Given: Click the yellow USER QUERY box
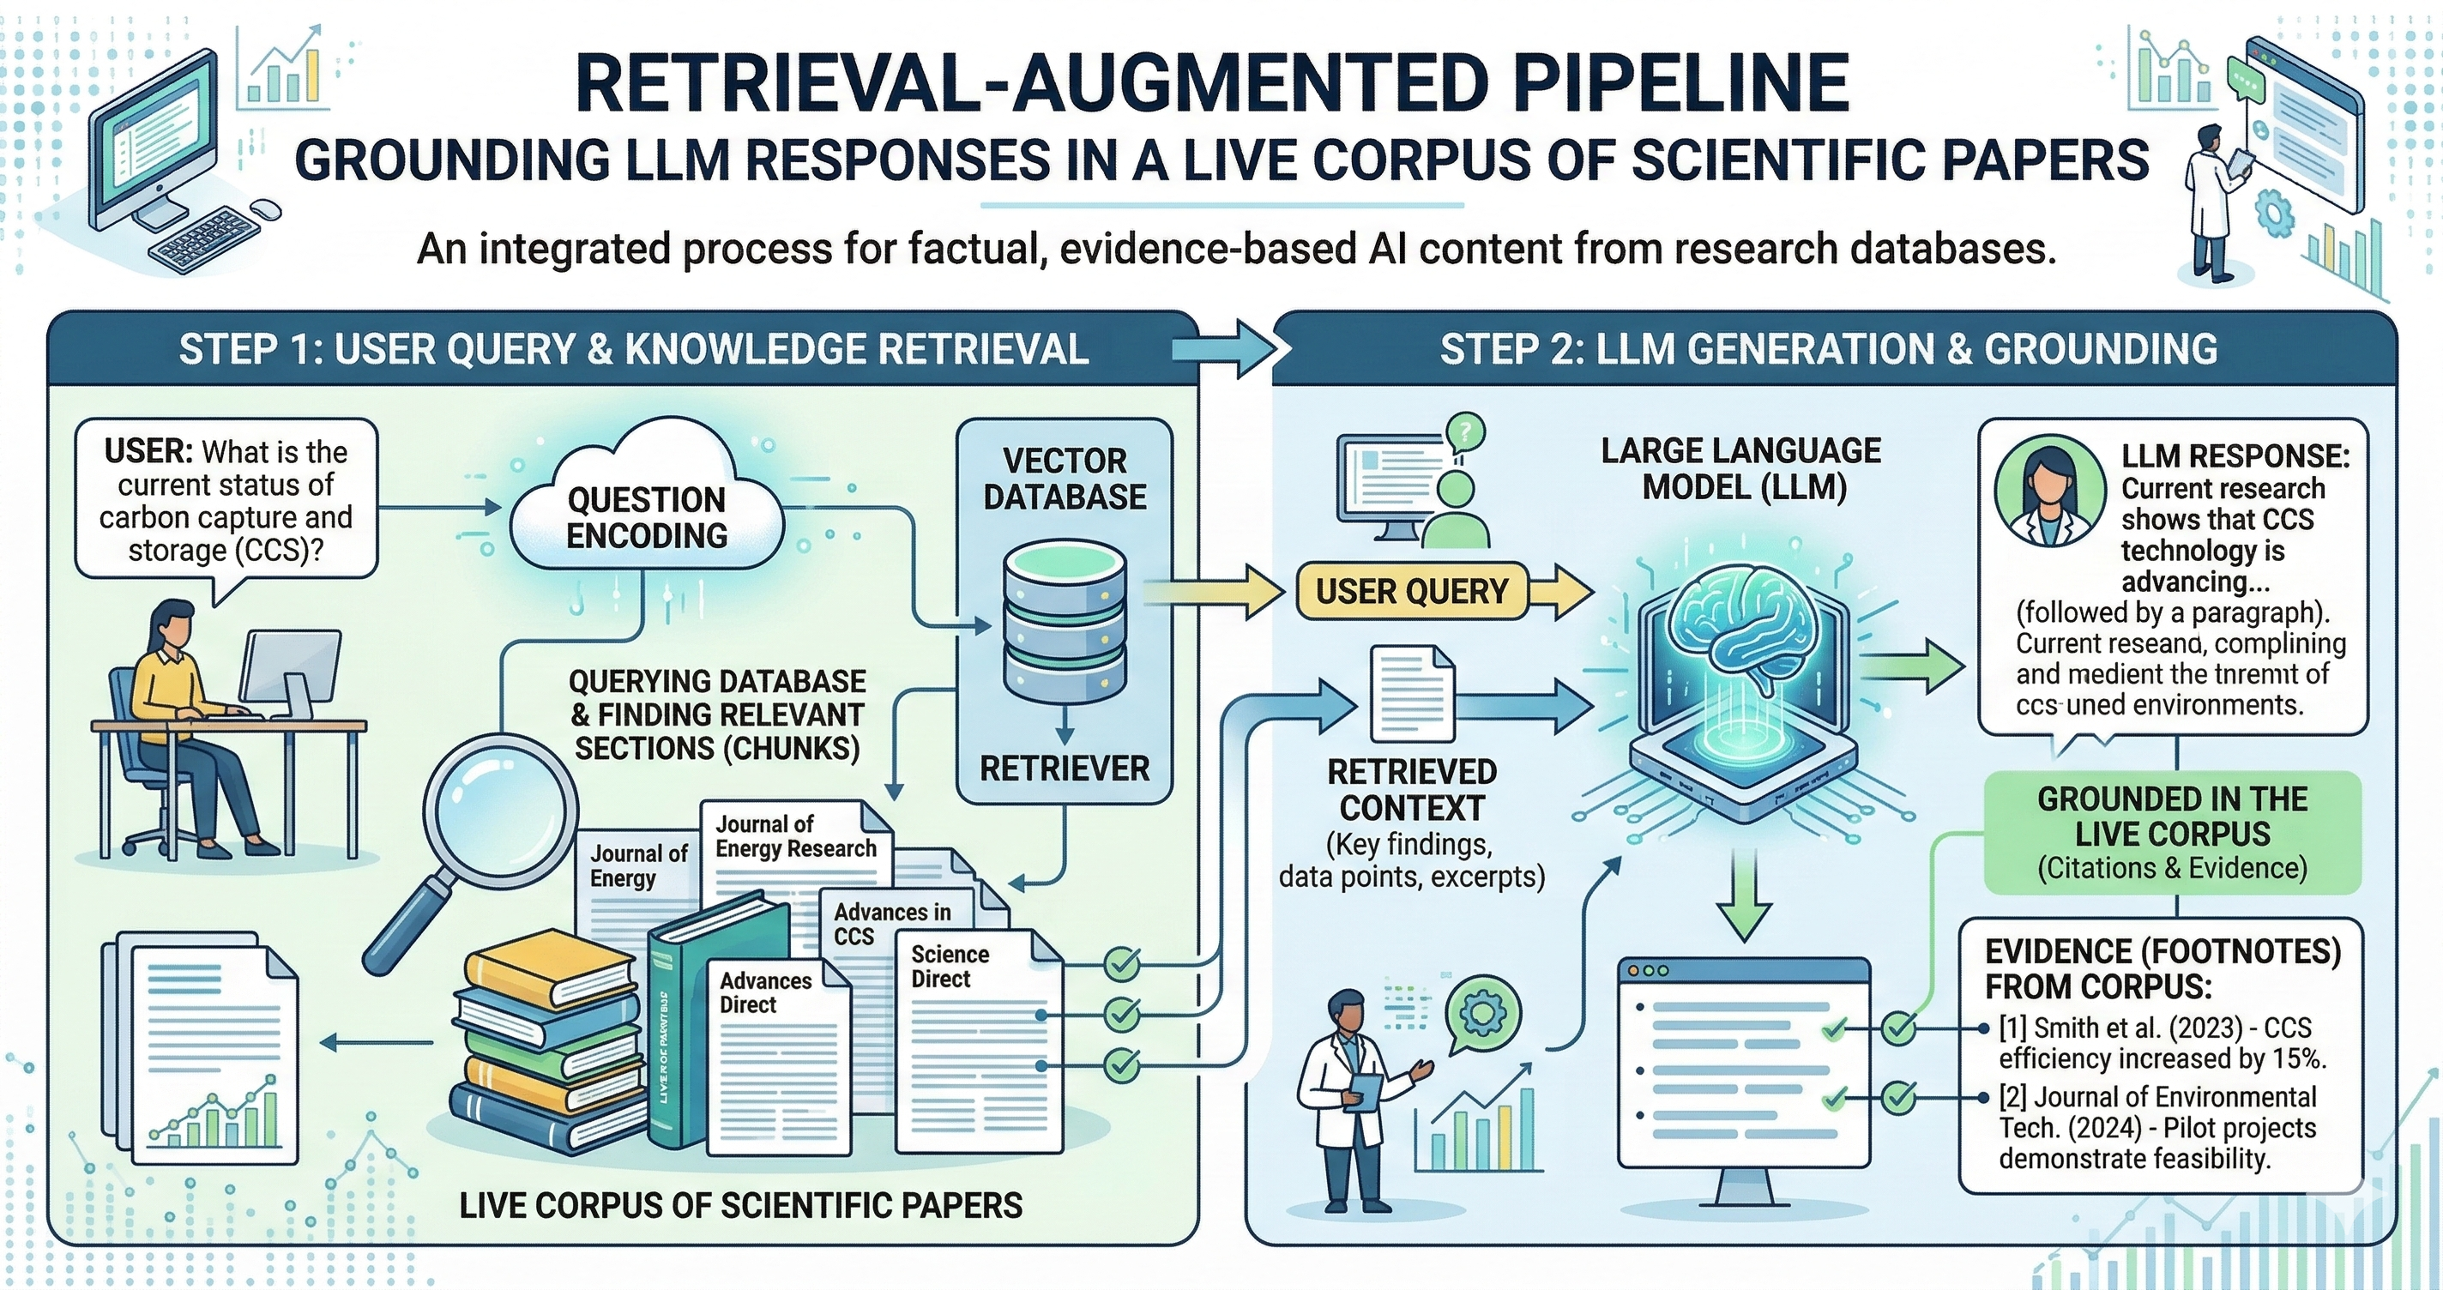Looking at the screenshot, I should click(x=1411, y=592).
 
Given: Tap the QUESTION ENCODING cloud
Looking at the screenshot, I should click(x=647, y=517).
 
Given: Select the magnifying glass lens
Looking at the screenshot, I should click(x=499, y=812).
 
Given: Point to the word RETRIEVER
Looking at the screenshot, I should click(x=1064, y=769).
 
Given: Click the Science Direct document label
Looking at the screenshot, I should click(x=950, y=967).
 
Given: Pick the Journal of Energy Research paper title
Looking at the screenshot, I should click(x=794, y=836).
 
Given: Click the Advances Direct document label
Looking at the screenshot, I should click(x=765, y=992).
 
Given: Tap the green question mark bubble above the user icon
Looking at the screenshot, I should click(x=1465, y=433).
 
